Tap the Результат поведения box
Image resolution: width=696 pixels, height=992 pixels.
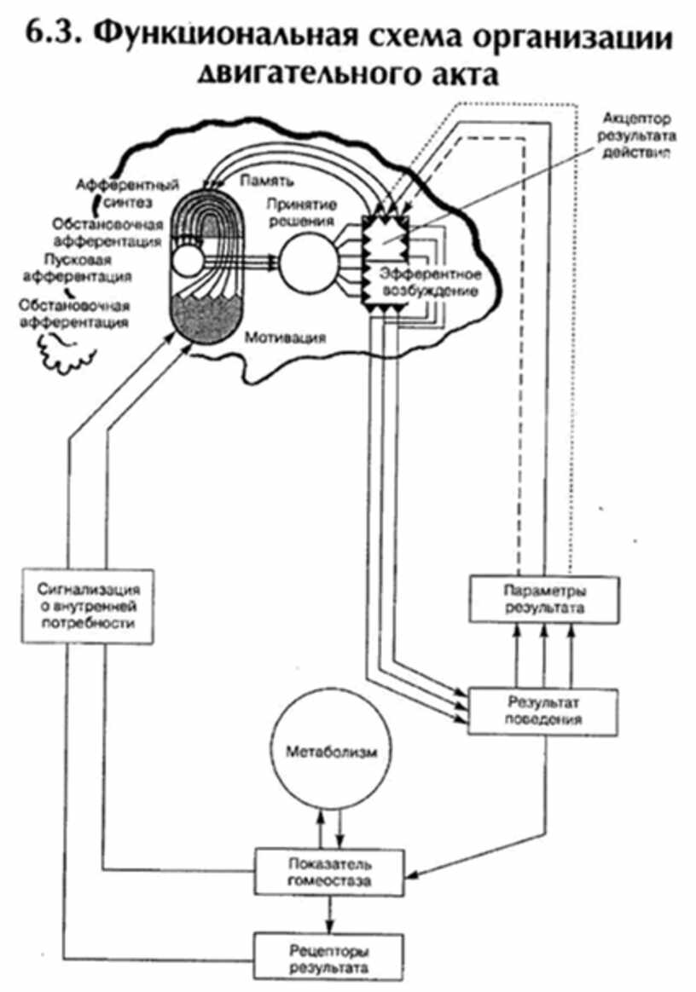coord(542,710)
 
